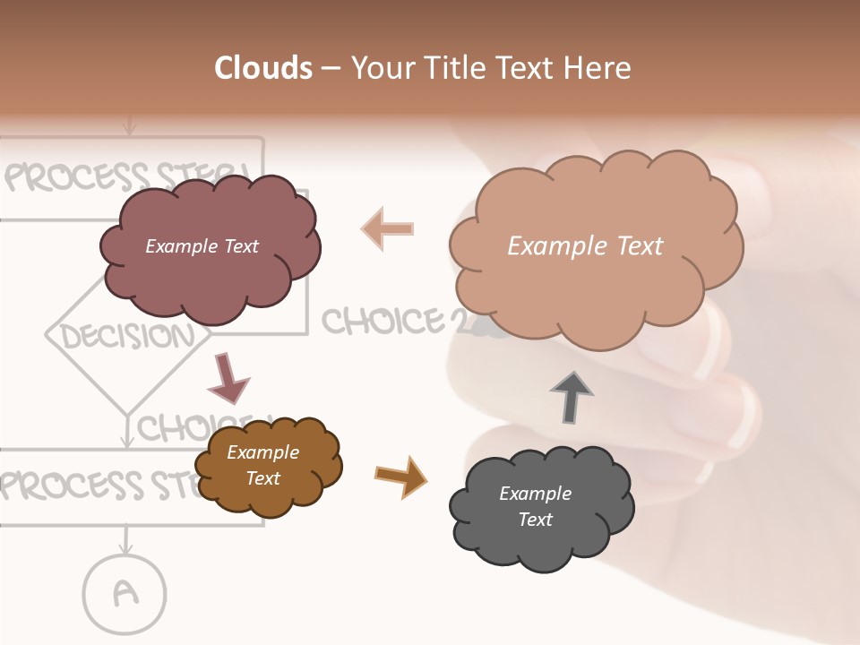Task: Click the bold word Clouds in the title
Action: click(x=263, y=68)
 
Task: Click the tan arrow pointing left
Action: click(x=388, y=228)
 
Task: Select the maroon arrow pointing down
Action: click(x=228, y=377)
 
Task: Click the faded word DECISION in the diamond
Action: click(x=127, y=336)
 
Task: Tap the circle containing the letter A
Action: click(x=125, y=592)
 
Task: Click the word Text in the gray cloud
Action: click(x=535, y=520)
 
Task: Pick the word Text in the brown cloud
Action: click(x=262, y=478)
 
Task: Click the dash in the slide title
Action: click(x=331, y=69)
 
